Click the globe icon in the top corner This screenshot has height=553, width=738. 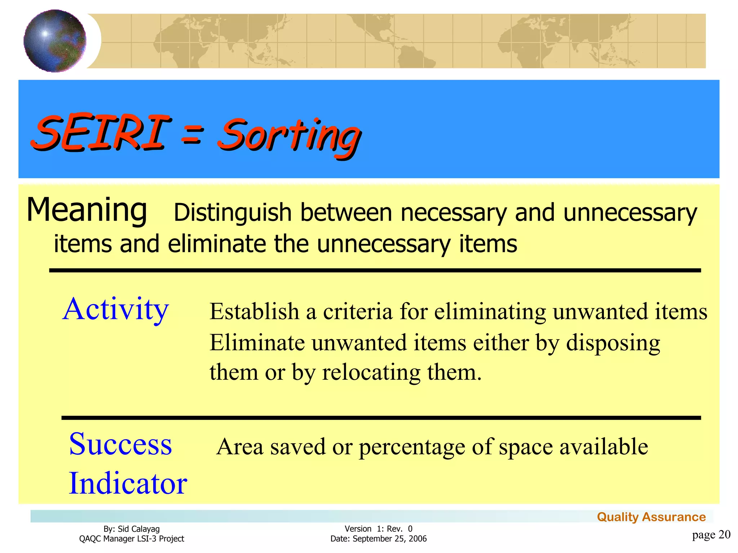click(x=55, y=41)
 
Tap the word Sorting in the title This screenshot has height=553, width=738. click(x=288, y=137)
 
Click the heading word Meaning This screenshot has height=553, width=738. click(x=87, y=210)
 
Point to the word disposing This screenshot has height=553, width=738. click(x=613, y=343)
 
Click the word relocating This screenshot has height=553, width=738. click(x=371, y=373)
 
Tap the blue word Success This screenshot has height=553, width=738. click(x=120, y=445)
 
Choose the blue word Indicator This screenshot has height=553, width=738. click(x=128, y=484)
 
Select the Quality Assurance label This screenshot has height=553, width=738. click(x=651, y=517)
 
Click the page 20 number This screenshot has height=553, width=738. click(x=711, y=535)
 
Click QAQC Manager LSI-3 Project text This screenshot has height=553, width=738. click(x=132, y=539)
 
